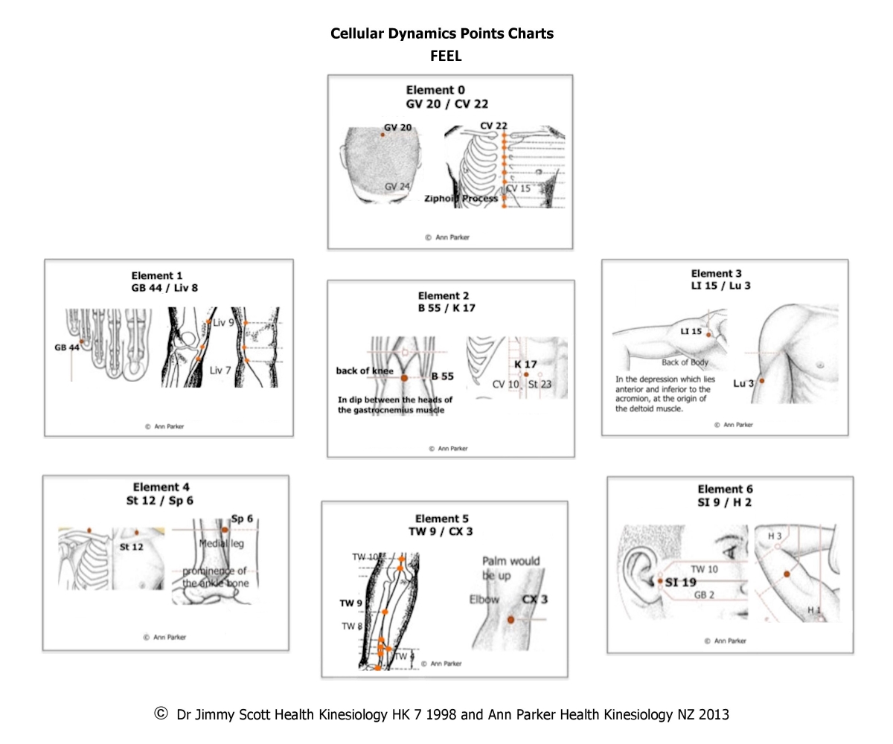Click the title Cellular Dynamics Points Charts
pos(441,33)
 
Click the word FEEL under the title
pos(445,56)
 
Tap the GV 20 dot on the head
pos(383,135)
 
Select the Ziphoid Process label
pos(461,199)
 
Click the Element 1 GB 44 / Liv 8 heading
pos(164,281)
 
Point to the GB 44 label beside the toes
pos(65,347)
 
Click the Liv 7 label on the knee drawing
pos(220,370)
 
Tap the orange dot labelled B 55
pos(404,378)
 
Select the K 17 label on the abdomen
pos(525,365)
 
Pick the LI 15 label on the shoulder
pos(691,331)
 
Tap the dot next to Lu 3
pos(761,381)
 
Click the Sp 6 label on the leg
pos(242,519)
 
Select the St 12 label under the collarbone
pos(131,547)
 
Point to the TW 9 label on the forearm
pos(351,603)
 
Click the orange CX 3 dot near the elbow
pos(510,619)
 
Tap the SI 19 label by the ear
pos(680,583)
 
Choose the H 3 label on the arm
pos(774,536)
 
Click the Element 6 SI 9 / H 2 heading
pos(725,496)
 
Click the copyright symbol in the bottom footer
pos(161,713)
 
